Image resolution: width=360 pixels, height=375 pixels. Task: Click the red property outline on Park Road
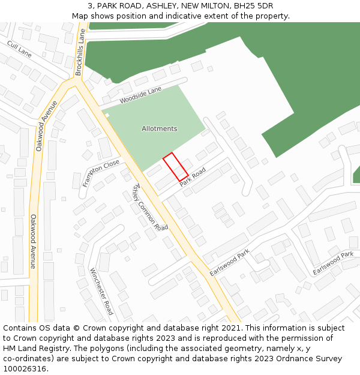click(x=176, y=167)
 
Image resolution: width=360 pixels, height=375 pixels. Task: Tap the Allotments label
click(x=159, y=129)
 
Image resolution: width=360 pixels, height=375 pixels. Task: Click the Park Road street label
click(x=193, y=176)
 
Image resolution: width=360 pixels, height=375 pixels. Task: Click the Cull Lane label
click(x=19, y=49)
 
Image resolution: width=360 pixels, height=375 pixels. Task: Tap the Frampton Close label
click(x=101, y=173)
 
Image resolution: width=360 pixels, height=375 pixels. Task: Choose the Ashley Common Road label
click(x=150, y=207)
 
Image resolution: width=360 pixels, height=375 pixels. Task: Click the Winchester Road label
click(x=101, y=291)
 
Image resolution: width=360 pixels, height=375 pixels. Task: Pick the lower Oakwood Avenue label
click(x=34, y=241)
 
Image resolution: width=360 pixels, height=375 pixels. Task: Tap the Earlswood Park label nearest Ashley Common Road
click(x=229, y=263)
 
